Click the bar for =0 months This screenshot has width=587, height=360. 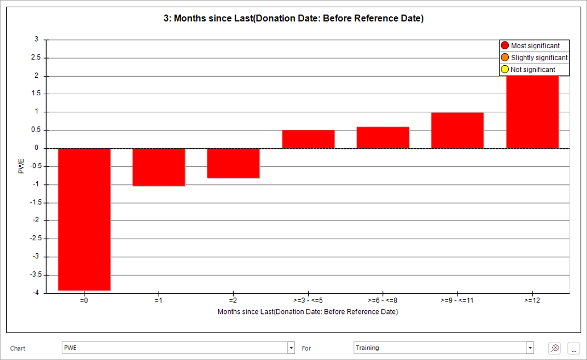pos(84,219)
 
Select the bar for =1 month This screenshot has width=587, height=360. pos(159,167)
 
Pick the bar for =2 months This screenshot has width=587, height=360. pos(233,163)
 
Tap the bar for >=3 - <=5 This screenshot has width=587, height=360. pos(308,139)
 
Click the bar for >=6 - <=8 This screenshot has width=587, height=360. pos(382,138)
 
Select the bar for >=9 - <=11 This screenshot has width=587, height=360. pos(457,131)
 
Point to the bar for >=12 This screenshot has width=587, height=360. pos(533,112)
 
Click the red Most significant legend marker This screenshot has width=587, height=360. pos(505,46)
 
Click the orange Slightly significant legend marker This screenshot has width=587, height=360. pos(505,57)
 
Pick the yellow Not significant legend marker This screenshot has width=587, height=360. pos(505,69)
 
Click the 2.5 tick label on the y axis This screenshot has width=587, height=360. pos(36,57)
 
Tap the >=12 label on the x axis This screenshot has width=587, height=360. pos(532,300)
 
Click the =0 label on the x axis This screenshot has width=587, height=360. pos(84,300)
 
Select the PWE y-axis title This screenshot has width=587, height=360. pos(21,166)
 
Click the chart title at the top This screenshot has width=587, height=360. pos(293,18)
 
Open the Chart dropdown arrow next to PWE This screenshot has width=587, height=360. pos(291,348)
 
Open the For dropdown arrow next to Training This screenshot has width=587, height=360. pos(529,348)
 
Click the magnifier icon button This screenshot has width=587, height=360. pos(554,348)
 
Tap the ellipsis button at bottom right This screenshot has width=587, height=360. pos(574,348)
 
